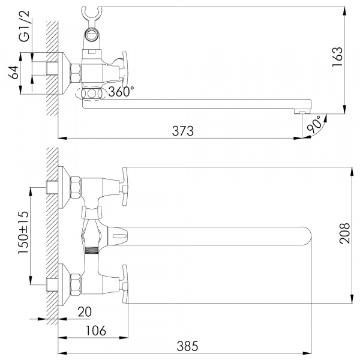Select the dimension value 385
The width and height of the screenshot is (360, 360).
pos(186,346)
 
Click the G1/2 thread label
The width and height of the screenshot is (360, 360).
pos(24,29)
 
